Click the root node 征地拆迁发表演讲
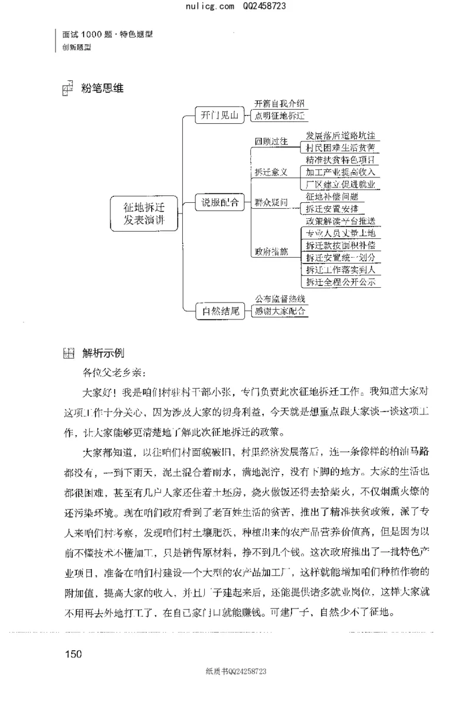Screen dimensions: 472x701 (x=142, y=214)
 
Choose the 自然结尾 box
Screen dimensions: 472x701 (x=219, y=311)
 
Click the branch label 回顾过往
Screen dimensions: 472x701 (x=271, y=141)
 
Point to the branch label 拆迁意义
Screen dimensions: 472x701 (x=271, y=172)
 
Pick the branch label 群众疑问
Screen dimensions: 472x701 (x=271, y=202)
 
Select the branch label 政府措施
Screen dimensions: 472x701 (x=271, y=252)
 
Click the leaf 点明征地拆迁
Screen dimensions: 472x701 (x=280, y=116)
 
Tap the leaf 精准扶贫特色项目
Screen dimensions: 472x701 (x=340, y=160)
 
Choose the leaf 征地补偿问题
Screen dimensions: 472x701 (x=332, y=196)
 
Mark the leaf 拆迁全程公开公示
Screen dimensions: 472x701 (x=340, y=282)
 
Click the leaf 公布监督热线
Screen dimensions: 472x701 (x=280, y=299)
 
